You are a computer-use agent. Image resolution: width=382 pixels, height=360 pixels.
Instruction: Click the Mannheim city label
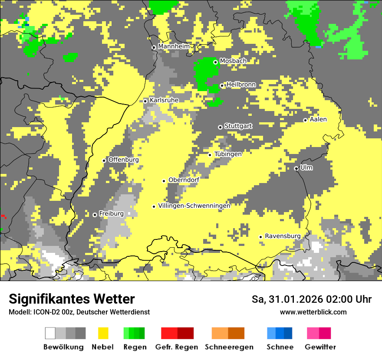pos(174,46)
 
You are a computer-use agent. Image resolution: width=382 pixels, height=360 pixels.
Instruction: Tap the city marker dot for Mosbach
pos(215,62)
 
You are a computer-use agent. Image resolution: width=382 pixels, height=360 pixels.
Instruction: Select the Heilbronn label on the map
pos(241,85)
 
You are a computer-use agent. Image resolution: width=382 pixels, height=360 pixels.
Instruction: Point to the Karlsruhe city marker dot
pos(145,101)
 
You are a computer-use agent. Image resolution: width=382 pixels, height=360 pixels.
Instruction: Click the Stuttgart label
pos(238,126)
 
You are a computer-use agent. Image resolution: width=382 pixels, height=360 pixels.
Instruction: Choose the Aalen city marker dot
pos(305,120)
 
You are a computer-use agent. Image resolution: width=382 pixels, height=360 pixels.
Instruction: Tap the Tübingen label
pos(228,154)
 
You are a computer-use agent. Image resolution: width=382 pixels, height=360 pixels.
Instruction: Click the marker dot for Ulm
pos(296,168)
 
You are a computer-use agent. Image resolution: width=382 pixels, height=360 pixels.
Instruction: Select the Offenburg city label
pos(123,160)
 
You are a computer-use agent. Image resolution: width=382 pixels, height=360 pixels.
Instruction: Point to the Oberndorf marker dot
pos(164,181)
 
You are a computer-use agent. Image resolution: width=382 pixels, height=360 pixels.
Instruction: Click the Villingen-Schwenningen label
pos(194,206)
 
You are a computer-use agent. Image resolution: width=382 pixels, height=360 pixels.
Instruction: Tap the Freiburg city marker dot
pos(95,215)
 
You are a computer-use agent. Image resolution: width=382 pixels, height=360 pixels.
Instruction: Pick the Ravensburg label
pos(283,236)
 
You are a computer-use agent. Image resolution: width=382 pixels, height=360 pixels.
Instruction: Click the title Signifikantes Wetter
pos(72,299)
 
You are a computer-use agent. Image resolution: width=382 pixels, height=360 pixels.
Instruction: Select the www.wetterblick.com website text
pos(313,312)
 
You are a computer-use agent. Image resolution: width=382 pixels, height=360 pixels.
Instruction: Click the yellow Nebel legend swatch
pos(103,333)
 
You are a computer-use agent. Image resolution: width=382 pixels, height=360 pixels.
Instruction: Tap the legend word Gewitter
pos(320,347)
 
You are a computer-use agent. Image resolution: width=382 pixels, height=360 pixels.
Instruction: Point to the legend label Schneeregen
pos(229,347)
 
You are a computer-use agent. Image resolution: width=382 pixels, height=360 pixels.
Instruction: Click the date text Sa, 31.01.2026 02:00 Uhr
pos(311,299)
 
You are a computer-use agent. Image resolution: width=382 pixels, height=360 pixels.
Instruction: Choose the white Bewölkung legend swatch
pos(50,333)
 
